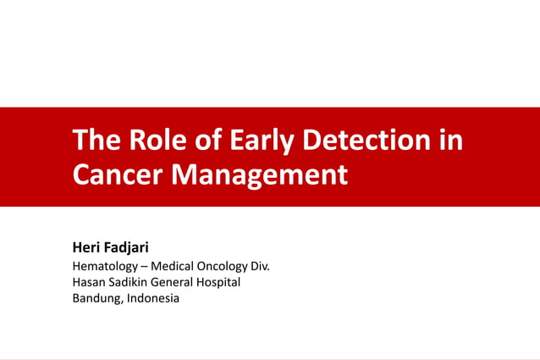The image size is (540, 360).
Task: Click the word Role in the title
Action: [151, 140]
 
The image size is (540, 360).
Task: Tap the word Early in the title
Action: [257, 140]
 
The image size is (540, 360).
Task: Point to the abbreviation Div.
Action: [260, 266]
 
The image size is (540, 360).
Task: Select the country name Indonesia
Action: [153, 299]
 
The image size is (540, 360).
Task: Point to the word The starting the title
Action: [95, 140]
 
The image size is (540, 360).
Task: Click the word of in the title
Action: [205, 140]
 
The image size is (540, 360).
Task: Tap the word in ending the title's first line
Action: [452, 140]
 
